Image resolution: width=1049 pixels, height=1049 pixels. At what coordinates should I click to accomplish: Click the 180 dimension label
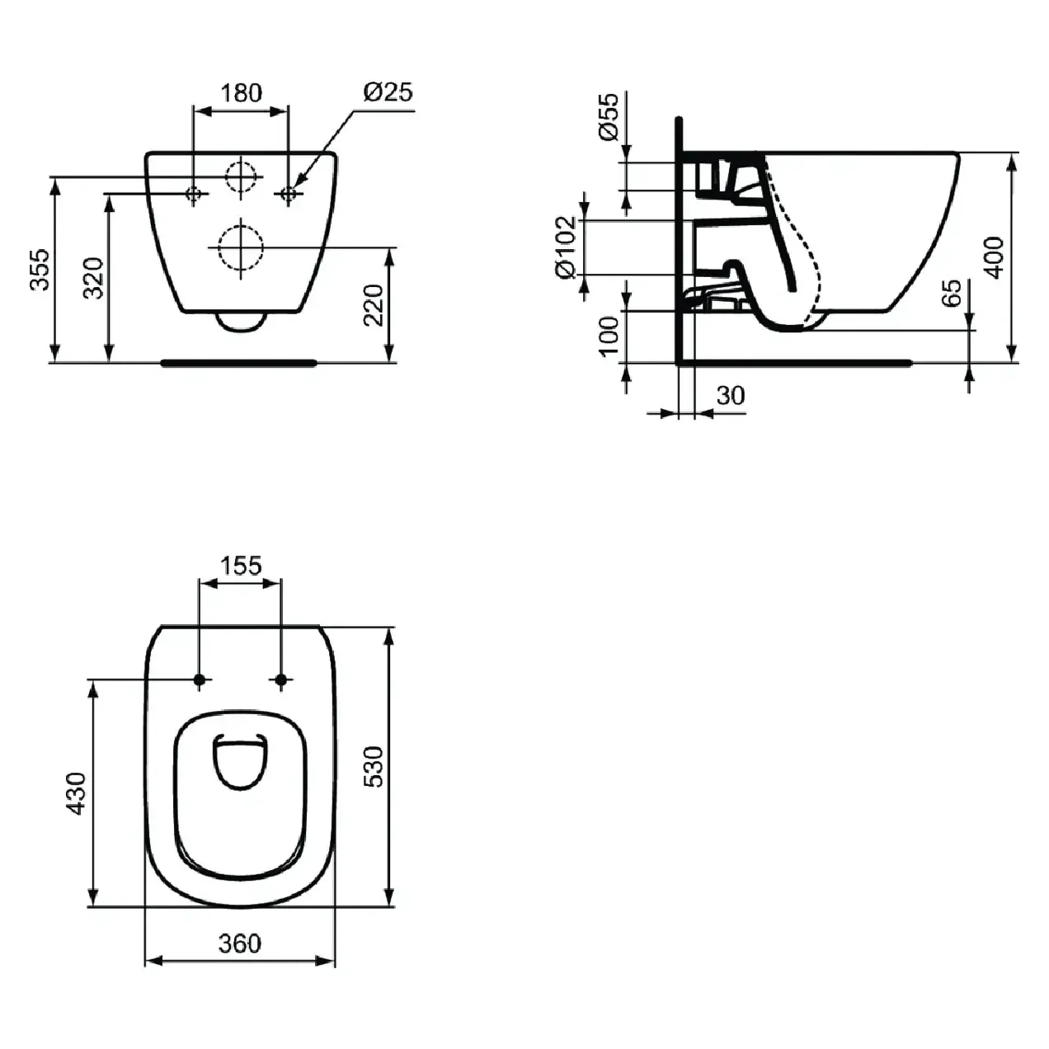(241, 93)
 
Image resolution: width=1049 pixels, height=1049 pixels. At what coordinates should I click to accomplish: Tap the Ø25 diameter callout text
(388, 92)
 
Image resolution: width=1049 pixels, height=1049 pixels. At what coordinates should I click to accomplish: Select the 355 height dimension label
(40, 270)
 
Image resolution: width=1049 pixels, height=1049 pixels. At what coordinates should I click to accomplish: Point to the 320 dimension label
(93, 278)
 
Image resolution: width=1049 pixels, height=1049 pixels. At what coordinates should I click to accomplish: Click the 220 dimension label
(374, 305)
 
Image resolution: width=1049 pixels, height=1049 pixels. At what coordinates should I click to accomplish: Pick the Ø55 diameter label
(609, 116)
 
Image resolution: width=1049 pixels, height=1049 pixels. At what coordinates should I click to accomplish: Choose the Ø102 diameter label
(566, 247)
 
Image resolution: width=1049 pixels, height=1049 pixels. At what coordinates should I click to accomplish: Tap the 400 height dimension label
(995, 257)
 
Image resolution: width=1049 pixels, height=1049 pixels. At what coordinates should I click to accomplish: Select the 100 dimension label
(609, 336)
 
